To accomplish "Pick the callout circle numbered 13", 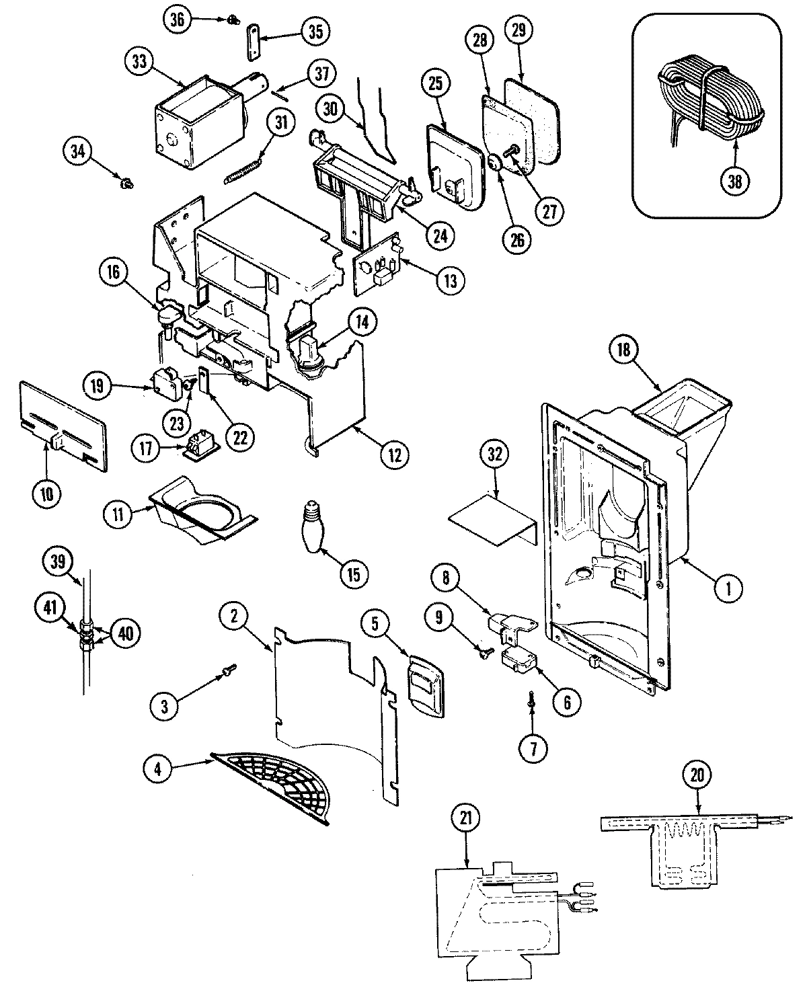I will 450,280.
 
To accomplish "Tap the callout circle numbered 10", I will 48,493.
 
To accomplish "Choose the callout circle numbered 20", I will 699,776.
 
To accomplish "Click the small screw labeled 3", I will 227,669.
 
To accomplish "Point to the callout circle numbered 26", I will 516,239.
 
